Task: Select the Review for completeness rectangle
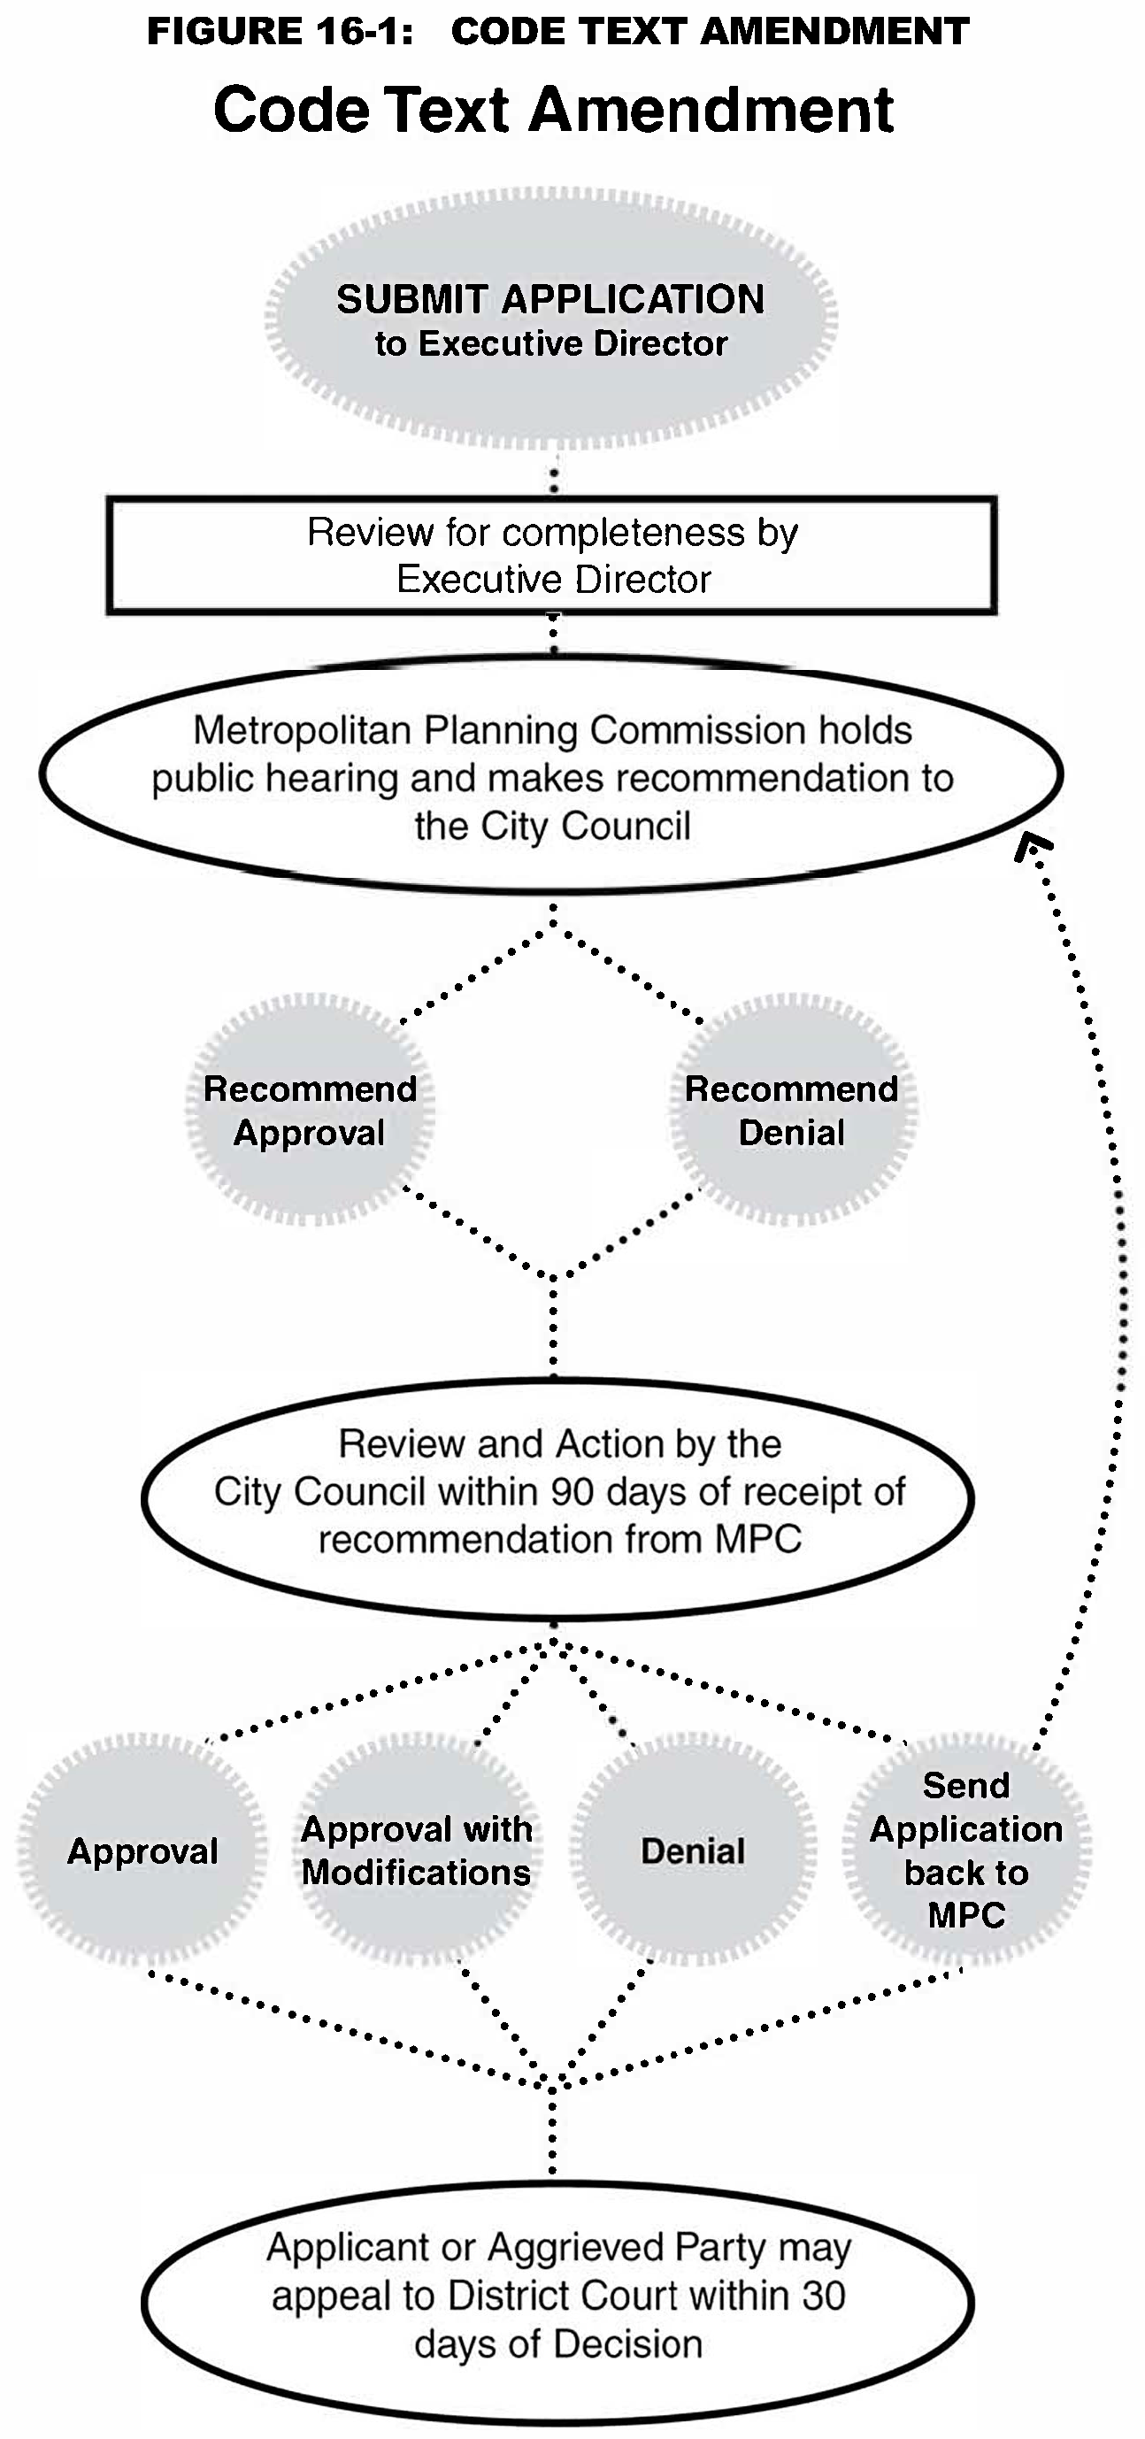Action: point(551,556)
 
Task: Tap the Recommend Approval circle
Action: point(310,1110)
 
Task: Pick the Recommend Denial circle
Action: point(792,1110)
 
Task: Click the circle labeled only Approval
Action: point(142,1850)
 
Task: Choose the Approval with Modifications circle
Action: point(417,1850)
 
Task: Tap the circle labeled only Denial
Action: point(693,1850)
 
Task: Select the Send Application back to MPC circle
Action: point(966,1850)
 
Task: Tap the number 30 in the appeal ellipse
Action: point(822,2295)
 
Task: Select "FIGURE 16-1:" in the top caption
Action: point(281,31)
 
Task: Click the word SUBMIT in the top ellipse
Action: point(411,299)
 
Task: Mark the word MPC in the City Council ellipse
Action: point(757,1540)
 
